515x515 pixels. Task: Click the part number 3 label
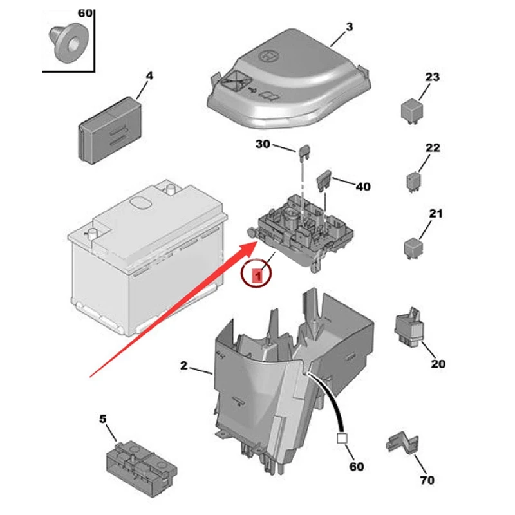[x=350, y=27]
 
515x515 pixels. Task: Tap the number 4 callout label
[x=149, y=76]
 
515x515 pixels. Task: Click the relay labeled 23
[x=412, y=111]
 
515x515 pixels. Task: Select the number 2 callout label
[x=183, y=366]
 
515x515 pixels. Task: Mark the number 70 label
[x=427, y=480]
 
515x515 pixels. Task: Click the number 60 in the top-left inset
[x=85, y=13]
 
